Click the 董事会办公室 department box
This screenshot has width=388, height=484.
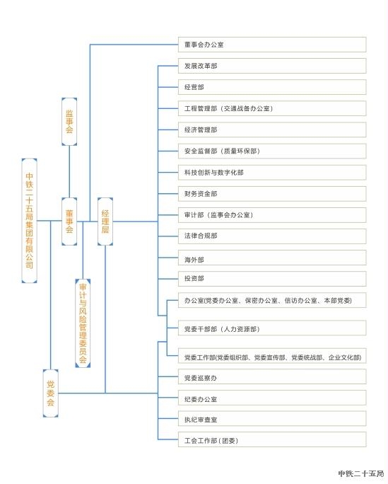[272, 45]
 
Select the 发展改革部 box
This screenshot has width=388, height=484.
[272, 66]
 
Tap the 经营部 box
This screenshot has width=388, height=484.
[272, 87]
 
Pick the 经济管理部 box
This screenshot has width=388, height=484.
[272, 129]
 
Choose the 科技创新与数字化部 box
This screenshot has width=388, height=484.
[272, 172]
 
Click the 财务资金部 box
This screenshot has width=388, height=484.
[272, 194]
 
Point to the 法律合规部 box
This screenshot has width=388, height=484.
[272, 236]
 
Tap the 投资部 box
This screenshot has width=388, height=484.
[272, 279]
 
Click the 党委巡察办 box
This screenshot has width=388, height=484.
[272, 376]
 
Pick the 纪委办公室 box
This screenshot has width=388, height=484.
[272, 398]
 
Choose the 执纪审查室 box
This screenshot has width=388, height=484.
[272, 419]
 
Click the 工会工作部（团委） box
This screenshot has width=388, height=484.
[272, 439]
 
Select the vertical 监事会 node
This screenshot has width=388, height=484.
[69, 122]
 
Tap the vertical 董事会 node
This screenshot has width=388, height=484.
[69, 221]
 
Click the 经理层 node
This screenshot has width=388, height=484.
[105, 221]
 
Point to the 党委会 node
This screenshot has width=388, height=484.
[51, 393]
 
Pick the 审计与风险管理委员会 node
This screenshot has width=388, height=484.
[83, 323]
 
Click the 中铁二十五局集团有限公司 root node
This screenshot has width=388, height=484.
[29, 221]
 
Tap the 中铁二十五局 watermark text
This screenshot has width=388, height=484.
[361, 473]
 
